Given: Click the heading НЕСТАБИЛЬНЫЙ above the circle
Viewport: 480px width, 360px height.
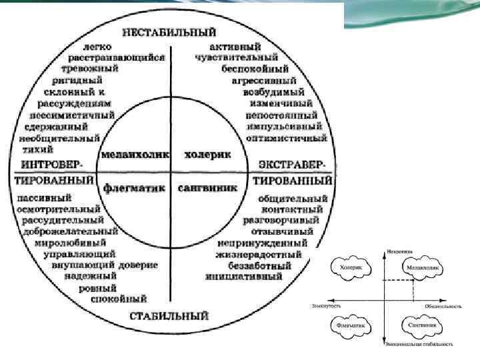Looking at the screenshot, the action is pyautogui.click(x=169, y=32).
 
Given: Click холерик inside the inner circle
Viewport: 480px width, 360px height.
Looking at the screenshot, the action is pyautogui.click(x=207, y=154).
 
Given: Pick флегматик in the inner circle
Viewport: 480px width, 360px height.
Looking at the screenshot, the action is pyautogui.click(x=134, y=188).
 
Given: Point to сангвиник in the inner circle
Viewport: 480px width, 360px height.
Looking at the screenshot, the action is pyautogui.click(x=208, y=188).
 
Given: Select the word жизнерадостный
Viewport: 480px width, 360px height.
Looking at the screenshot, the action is pyautogui.click(x=259, y=253).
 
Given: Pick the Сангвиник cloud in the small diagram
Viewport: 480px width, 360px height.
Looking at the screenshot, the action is pyautogui.click(x=421, y=324).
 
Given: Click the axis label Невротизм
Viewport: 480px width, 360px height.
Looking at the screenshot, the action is pyautogui.click(x=399, y=251).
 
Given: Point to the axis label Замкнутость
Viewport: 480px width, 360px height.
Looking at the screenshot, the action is pyautogui.click(x=326, y=305).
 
